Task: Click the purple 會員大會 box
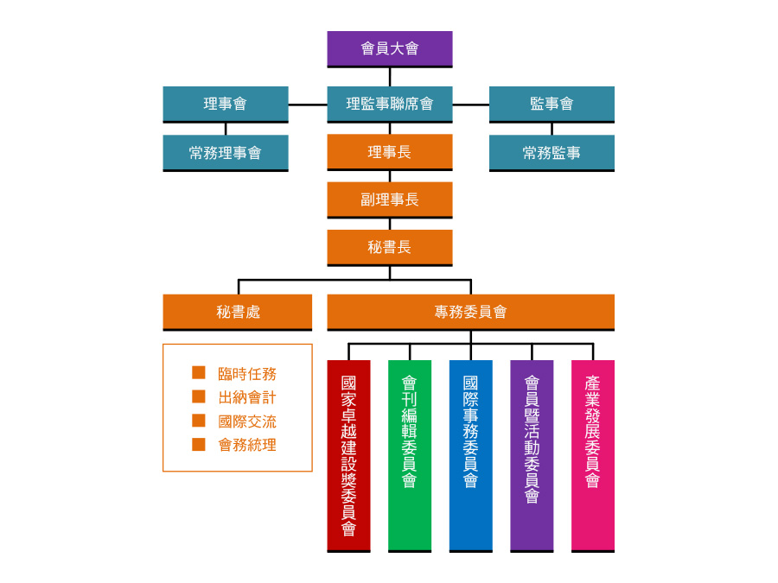coord(389,48)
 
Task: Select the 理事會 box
coord(226,104)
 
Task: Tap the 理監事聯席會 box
coord(389,104)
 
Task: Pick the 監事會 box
coord(552,104)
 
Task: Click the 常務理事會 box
coord(226,153)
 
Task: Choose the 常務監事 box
coord(552,153)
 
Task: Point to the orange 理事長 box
coord(389,152)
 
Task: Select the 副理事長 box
coord(389,200)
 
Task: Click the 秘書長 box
coord(389,247)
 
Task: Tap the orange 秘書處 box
coord(238,312)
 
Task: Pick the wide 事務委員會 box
coord(470,312)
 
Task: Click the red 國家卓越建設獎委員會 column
coord(348,455)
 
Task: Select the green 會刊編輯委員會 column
coord(410,455)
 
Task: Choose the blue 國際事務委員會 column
coord(470,455)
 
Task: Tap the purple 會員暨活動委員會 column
coord(532,455)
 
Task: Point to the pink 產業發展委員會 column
coord(593,455)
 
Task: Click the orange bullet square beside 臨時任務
coord(199,373)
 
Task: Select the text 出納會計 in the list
coord(247,398)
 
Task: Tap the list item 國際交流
coord(247,421)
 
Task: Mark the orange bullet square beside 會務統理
coord(199,445)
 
